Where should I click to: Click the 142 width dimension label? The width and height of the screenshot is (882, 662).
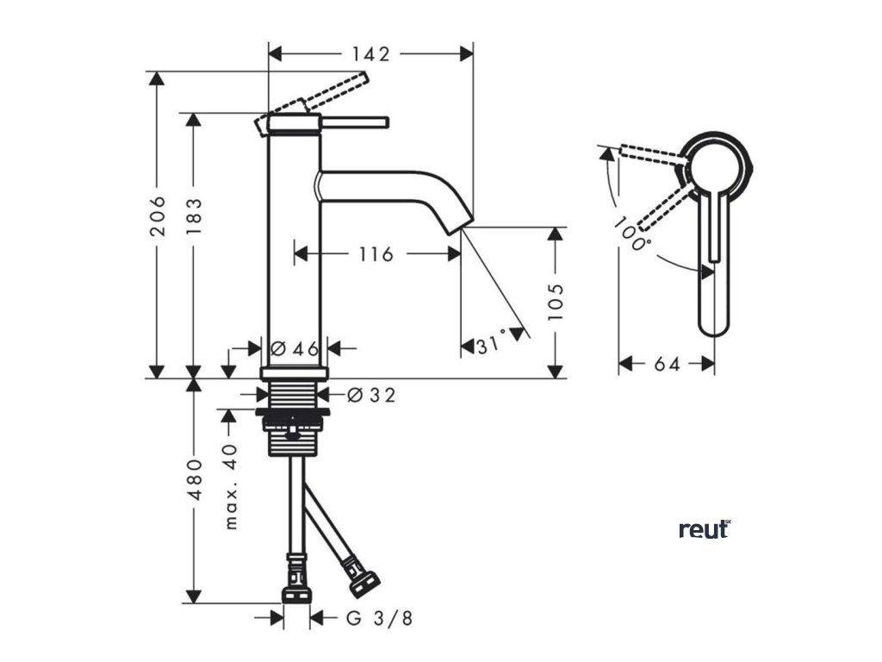tap(371, 53)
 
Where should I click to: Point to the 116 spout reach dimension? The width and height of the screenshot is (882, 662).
tap(376, 254)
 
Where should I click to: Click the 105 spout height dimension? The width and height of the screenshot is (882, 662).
tap(556, 302)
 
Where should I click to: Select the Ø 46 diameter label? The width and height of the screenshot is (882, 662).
tap(295, 348)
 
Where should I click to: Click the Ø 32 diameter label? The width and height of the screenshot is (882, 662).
tap(372, 395)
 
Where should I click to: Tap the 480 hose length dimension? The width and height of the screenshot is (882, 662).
tap(194, 479)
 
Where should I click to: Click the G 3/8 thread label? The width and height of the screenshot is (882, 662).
tap(379, 618)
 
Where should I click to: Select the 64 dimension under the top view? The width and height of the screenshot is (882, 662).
tap(666, 364)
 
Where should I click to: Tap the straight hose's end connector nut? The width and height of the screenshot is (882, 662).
tap(297, 596)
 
